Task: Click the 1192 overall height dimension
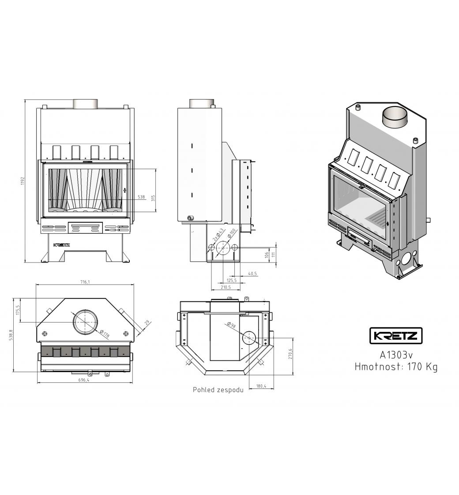[x=23, y=181]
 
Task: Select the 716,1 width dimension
[x=85, y=282]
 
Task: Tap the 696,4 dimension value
[x=84, y=380]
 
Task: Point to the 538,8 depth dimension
[x=11, y=335]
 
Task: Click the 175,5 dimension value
[x=18, y=310]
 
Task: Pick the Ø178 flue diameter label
[x=104, y=334]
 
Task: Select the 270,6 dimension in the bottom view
[x=290, y=354]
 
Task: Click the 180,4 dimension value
[x=261, y=386]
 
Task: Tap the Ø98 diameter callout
[x=231, y=325]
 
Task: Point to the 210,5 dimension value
[x=226, y=287]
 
